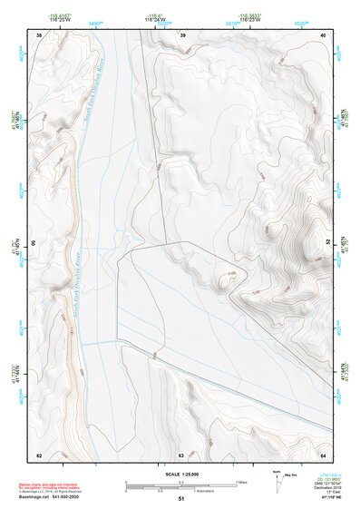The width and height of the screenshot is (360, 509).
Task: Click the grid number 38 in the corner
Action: tap(39, 34)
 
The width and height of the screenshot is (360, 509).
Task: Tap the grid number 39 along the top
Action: tap(183, 34)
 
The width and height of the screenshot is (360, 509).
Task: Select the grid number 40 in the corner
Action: tap(325, 34)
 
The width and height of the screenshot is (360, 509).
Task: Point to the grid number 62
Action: tap(39, 455)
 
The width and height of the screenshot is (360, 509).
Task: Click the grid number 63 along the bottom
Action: tap(181, 455)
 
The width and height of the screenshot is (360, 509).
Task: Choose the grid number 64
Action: tap(324, 455)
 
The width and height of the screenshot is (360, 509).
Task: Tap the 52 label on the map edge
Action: tap(327, 242)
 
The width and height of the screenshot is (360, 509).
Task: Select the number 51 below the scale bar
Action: tap(181, 498)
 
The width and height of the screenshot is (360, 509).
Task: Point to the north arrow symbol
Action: tap(275, 478)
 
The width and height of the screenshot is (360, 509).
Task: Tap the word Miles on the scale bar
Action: tap(242, 481)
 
